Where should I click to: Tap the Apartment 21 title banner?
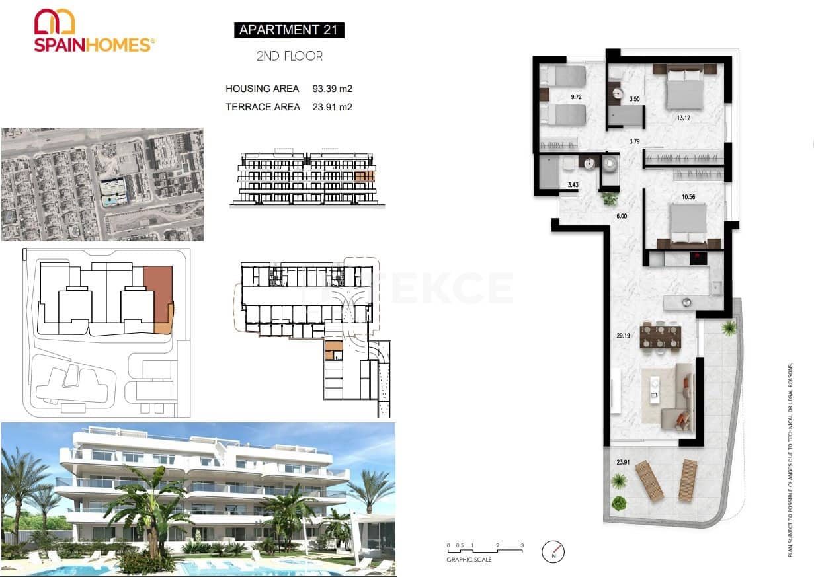(x=289, y=30)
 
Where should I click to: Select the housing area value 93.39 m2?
(x=332, y=89)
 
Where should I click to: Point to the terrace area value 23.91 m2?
(x=332, y=107)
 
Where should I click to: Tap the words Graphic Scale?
(x=469, y=560)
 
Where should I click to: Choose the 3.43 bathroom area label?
(x=573, y=184)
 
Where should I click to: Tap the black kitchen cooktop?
(x=698, y=258)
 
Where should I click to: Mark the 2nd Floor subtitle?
(x=289, y=56)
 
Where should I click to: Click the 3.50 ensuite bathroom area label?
(x=635, y=99)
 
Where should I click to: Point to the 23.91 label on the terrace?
(x=622, y=463)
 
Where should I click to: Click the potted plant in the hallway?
(x=609, y=197)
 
